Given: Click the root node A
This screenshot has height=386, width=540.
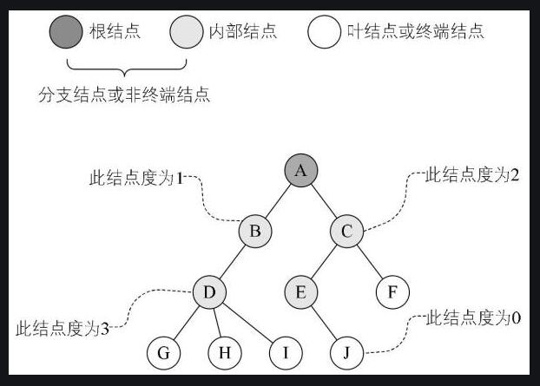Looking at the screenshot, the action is (301, 171).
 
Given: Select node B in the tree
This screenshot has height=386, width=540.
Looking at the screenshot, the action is (255, 231).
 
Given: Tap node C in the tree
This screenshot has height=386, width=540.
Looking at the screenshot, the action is (347, 231).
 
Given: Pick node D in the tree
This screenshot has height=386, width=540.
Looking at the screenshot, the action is (209, 291).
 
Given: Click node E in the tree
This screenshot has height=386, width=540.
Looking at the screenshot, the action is (301, 291).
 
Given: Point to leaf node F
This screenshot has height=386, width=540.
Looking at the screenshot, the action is (392, 291).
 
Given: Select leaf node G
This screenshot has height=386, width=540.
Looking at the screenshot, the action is (163, 352).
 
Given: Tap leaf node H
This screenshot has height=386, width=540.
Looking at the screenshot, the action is (225, 352).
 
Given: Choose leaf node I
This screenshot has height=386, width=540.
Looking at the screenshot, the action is (286, 352).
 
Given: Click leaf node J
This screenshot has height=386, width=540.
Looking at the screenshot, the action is (347, 352).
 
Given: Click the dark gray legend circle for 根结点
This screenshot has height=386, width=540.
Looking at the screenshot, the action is (65, 33).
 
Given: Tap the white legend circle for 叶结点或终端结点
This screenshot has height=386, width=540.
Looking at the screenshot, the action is (324, 33).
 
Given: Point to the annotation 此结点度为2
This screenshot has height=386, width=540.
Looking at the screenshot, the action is (473, 174).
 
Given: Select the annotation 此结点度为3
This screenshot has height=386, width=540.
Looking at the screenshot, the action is (62, 329).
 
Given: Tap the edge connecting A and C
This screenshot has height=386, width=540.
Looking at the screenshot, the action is (325, 201).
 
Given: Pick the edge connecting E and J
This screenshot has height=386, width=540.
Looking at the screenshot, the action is (325, 323).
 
